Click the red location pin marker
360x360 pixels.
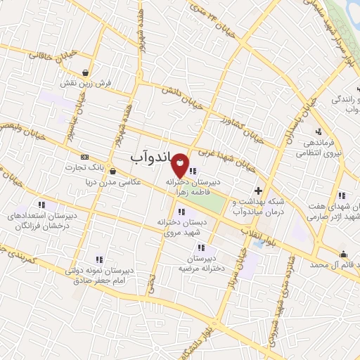coord(181,166)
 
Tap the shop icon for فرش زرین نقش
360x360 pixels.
coord(85,72)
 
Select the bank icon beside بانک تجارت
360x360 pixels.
coord(85,156)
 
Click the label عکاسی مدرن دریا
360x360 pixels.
coord(112,181)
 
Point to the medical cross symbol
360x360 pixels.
coord(259,191)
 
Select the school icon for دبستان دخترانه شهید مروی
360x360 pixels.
coord(181,211)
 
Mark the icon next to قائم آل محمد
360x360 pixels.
coord(342,254)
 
